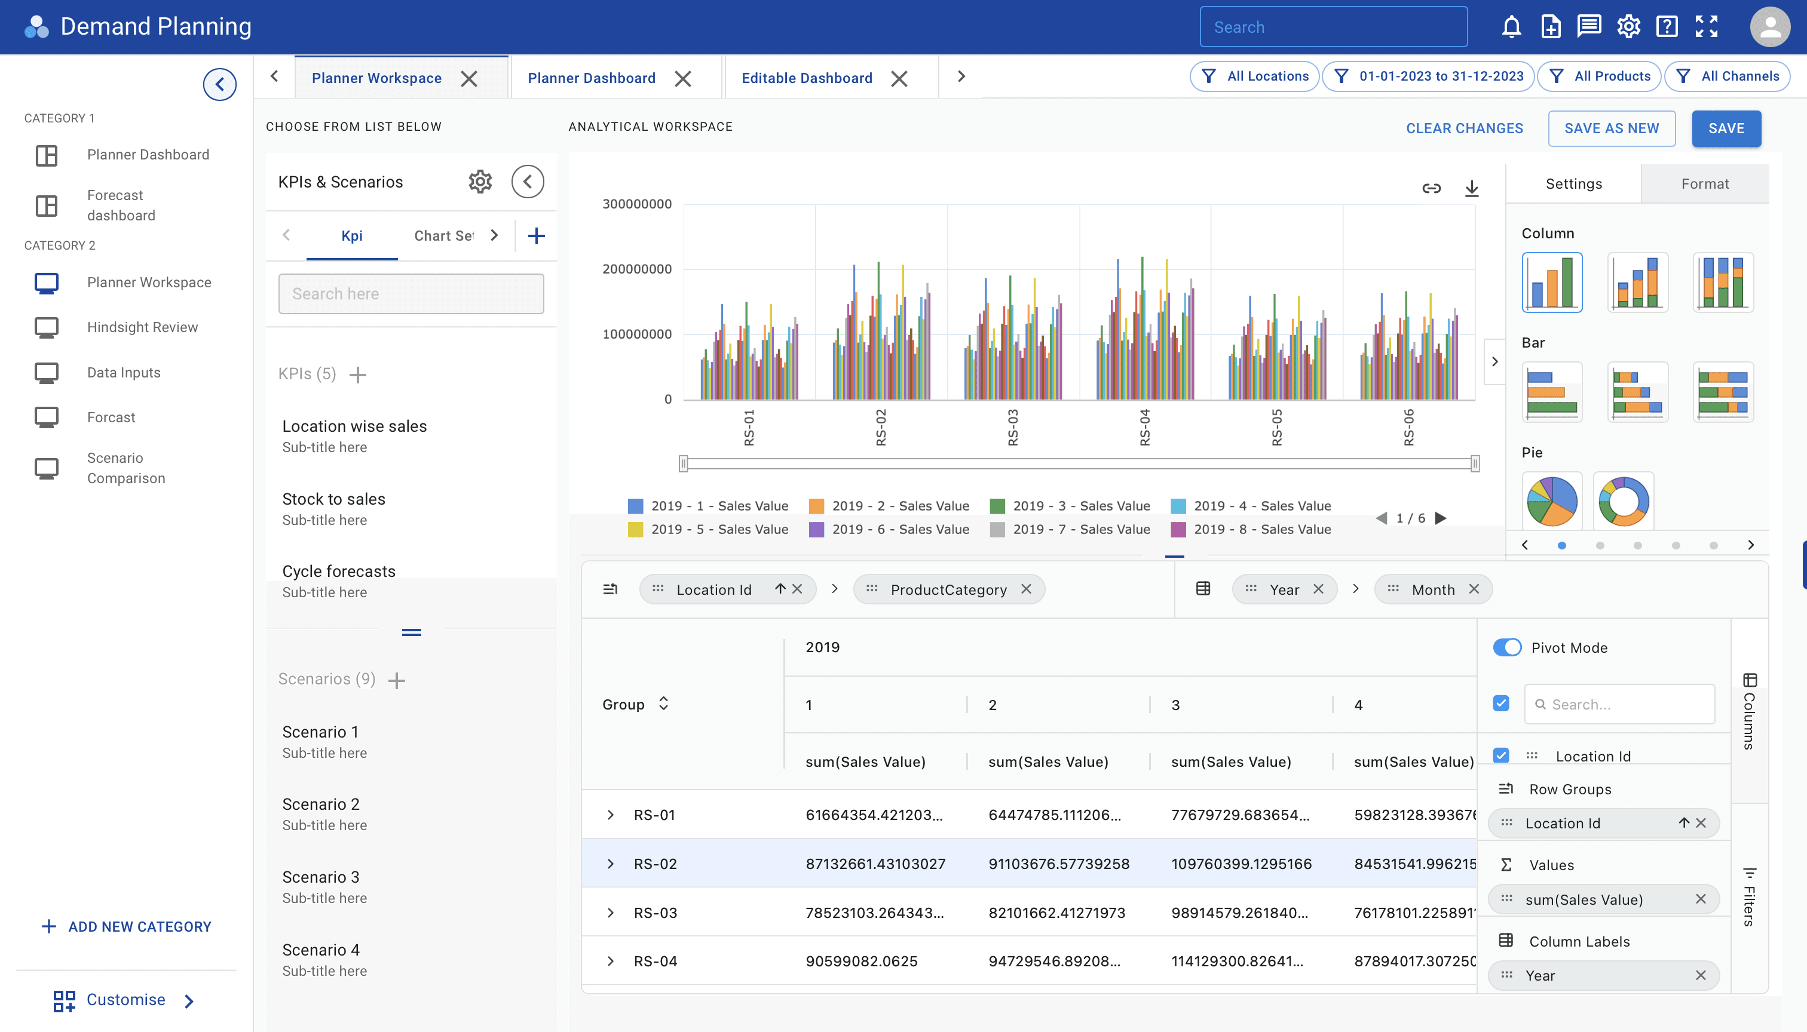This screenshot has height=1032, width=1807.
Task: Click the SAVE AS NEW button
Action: [x=1611, y=128]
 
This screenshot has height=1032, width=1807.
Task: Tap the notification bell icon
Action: [x=1511, y=27]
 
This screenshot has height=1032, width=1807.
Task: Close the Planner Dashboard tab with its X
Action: [x=682, y=79]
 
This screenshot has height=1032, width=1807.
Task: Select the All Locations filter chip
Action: [x=1254, y=76]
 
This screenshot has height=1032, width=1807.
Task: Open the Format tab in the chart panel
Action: [x=1705, y=183]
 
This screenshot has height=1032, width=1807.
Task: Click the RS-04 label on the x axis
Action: [x=1145, y=428]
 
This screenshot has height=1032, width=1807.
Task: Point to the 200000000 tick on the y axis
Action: [x=637, y=269]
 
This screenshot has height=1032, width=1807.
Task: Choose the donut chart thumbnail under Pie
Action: [x=1624, y=500]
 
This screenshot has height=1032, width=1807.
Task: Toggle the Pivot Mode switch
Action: [x=1507, y=647]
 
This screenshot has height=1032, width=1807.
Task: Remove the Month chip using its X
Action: [x=1474, y=589]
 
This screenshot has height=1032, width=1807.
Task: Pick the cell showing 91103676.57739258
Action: [x=1059, y=864]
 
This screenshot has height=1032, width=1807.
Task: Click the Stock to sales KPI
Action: [x=333, y=499]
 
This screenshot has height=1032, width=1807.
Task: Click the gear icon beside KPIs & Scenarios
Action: [x=480, y=182]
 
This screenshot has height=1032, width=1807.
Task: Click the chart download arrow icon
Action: [x=1472, y=188]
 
